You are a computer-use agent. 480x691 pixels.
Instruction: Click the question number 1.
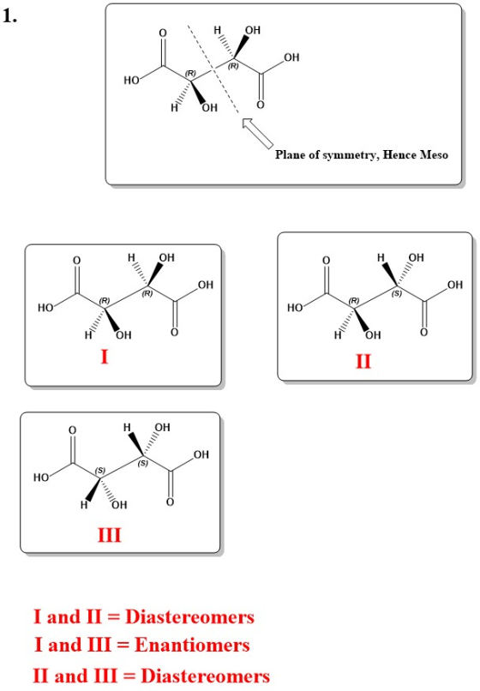pos(9,16)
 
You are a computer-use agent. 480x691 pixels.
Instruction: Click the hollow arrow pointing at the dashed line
pos(257,133)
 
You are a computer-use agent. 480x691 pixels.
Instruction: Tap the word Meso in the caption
pos(434,154)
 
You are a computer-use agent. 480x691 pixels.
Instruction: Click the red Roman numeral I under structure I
pos(105,356)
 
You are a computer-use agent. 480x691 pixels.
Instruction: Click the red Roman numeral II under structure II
pos(363,362)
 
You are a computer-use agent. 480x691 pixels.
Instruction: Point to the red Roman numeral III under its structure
pos(110,535)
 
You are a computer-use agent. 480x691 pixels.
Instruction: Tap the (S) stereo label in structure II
pos(397,293)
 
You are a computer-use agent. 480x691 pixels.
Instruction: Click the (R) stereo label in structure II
pos(354,301)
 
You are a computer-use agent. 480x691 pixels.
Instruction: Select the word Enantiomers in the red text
pos(192,646)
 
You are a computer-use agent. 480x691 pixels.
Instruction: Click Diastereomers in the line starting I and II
pos(190,617)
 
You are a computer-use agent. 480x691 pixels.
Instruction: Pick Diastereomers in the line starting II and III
pos(206,676)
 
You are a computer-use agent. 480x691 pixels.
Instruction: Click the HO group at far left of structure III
pos(41,478)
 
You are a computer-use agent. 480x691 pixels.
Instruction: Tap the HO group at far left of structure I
pos(45,308)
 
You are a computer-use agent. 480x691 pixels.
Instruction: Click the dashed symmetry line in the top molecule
pos(213,69)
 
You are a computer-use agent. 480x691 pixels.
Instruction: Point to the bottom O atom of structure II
pos(423,332)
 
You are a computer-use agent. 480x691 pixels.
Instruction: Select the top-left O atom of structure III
pos(72,430)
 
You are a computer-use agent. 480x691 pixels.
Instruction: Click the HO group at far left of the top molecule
pos(132,81)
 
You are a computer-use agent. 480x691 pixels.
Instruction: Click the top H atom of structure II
pos(381,257)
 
